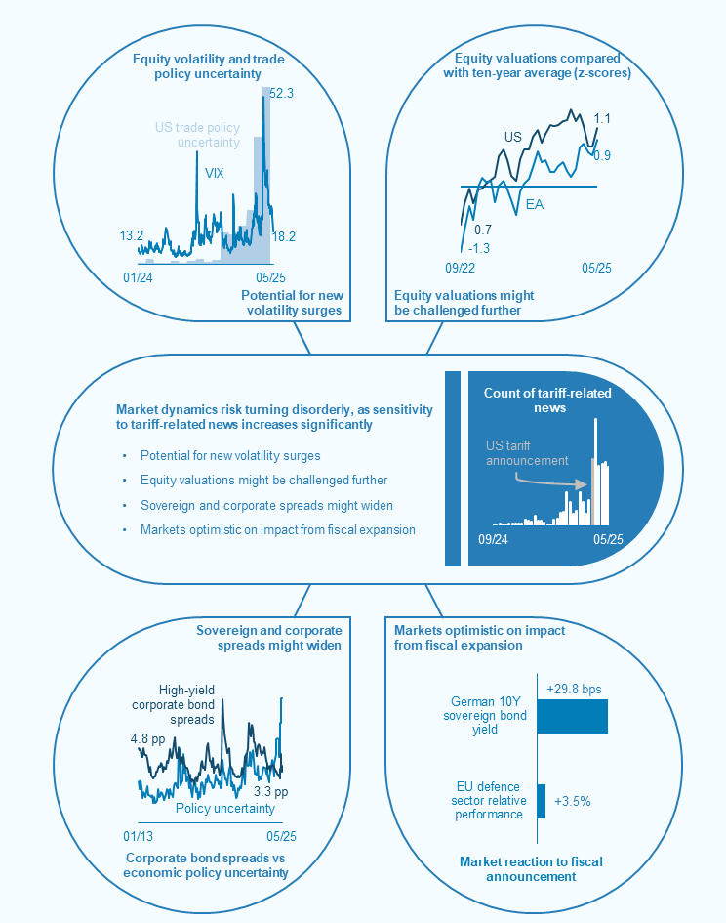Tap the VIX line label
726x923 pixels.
point(215,172)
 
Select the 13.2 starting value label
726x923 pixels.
point(132,235)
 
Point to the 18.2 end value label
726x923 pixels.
point(284,235)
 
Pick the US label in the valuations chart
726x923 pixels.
point(512,137)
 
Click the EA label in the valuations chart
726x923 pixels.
point(535,204)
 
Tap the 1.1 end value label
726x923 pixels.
point(602,118)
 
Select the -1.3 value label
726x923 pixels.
point(479,248)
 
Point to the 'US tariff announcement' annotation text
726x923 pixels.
point(526,453)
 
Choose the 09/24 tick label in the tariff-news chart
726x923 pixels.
point(494,539)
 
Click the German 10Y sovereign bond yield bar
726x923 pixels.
point(572,716)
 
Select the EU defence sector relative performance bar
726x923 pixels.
point(542,800)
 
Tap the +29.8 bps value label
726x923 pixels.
point(578,686)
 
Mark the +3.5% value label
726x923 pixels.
point(573,801)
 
